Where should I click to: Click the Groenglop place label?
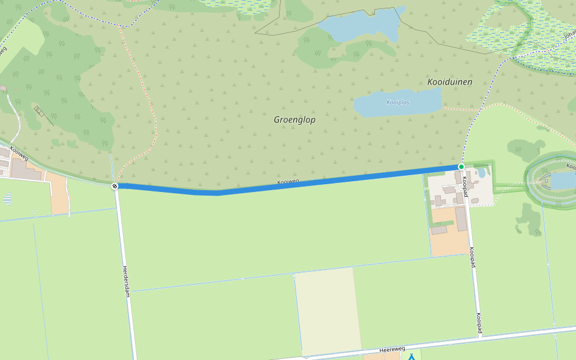[295, 120]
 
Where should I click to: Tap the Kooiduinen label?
[449, 82]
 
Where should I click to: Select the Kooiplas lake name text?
[398, 103]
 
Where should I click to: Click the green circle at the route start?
[461, 166]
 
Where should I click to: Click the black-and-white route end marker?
[115, 186]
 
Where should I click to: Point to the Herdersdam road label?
[126, 280]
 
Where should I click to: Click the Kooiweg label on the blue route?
[288, 182]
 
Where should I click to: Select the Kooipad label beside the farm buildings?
[464, 186]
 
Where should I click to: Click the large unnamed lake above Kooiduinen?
[360, 27]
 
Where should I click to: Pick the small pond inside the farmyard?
[481, 173]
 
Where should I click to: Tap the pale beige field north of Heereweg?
[327, 309]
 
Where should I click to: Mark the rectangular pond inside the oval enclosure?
[562, 180]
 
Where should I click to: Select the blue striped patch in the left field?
[7, 198]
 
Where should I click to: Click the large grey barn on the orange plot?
[462, 219]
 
